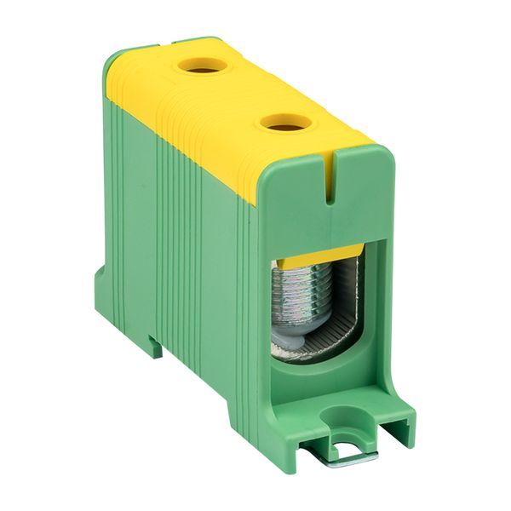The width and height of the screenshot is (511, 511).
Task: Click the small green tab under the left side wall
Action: (153, 344)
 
